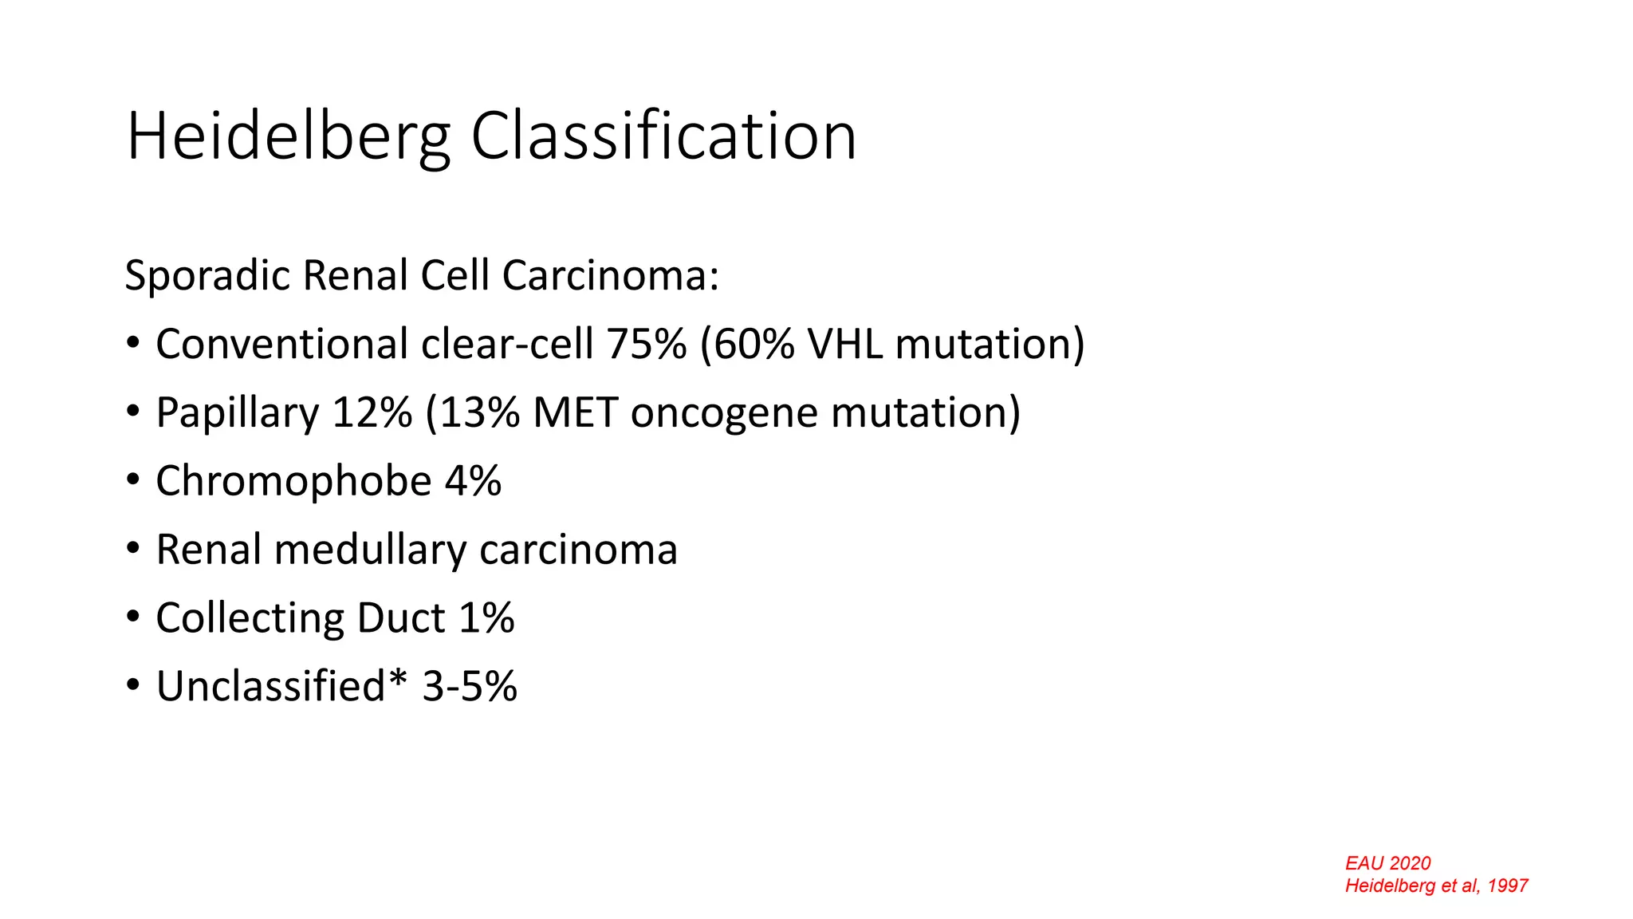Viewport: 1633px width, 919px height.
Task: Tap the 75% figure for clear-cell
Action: [646, 344]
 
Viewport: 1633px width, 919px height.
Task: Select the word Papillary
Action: [237, 413]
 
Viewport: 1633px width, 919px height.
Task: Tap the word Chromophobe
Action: [293, 481]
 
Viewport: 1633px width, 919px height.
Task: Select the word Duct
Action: [400, 618]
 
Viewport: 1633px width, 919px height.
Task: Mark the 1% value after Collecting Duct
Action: [486, 618]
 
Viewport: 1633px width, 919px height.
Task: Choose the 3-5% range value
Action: [470, 686]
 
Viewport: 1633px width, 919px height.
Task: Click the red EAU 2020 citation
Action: [1387, 863]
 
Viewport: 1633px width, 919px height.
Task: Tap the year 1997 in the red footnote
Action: [1507, 885]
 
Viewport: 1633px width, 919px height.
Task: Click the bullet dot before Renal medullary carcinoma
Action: [133, 549]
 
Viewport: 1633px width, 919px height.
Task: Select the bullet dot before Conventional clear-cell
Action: [133, 343]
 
